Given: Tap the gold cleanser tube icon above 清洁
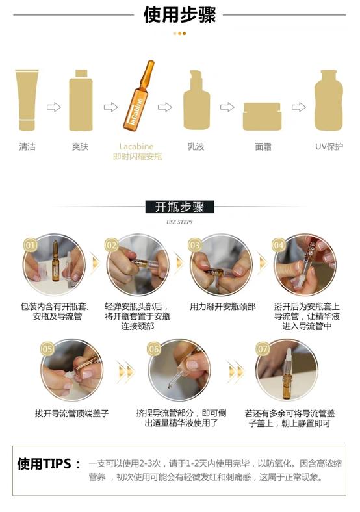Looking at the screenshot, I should pos(27,100).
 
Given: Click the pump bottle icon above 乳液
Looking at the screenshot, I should pos(196,101).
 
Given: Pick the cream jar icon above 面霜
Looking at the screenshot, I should pos(262,116).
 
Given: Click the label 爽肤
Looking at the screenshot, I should pos(81,147).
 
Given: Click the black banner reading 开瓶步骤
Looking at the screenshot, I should pos(179,207).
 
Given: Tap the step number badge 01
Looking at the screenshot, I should pos(31,245).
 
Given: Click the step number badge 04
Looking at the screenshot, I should pos(279,245).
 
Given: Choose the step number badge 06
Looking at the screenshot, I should pos(154,349).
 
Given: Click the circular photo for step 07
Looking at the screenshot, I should pos(286,370).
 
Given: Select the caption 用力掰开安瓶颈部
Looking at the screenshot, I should pos(223,306).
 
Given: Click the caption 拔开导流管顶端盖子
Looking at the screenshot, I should pos(72,413).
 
